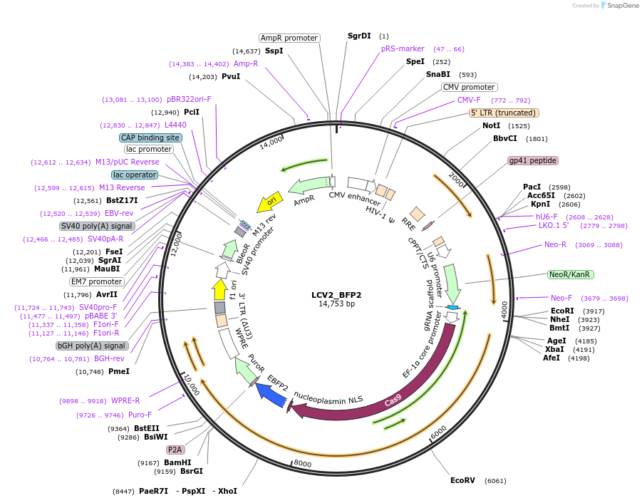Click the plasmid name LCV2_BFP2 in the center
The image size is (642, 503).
[x=336, y=294]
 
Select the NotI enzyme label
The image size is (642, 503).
[x=491, y=125]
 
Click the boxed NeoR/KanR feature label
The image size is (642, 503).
[x=571, y=274]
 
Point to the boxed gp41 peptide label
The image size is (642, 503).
[x=533, y=160]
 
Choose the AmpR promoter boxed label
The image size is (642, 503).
[x=289, y=38]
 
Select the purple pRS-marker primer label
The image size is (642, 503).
[x=403, y=49]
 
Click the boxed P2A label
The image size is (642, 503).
[x=175, y=450]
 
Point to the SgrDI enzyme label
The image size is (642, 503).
[x=359, y=36]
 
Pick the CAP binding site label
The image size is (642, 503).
[x=150, y=138]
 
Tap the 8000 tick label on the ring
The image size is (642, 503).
[x=303, y=464]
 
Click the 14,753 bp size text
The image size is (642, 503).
[x=336, y=304]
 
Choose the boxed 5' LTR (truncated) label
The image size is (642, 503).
[x=504, y=113]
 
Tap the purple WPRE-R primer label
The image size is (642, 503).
[x=125, y=400]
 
